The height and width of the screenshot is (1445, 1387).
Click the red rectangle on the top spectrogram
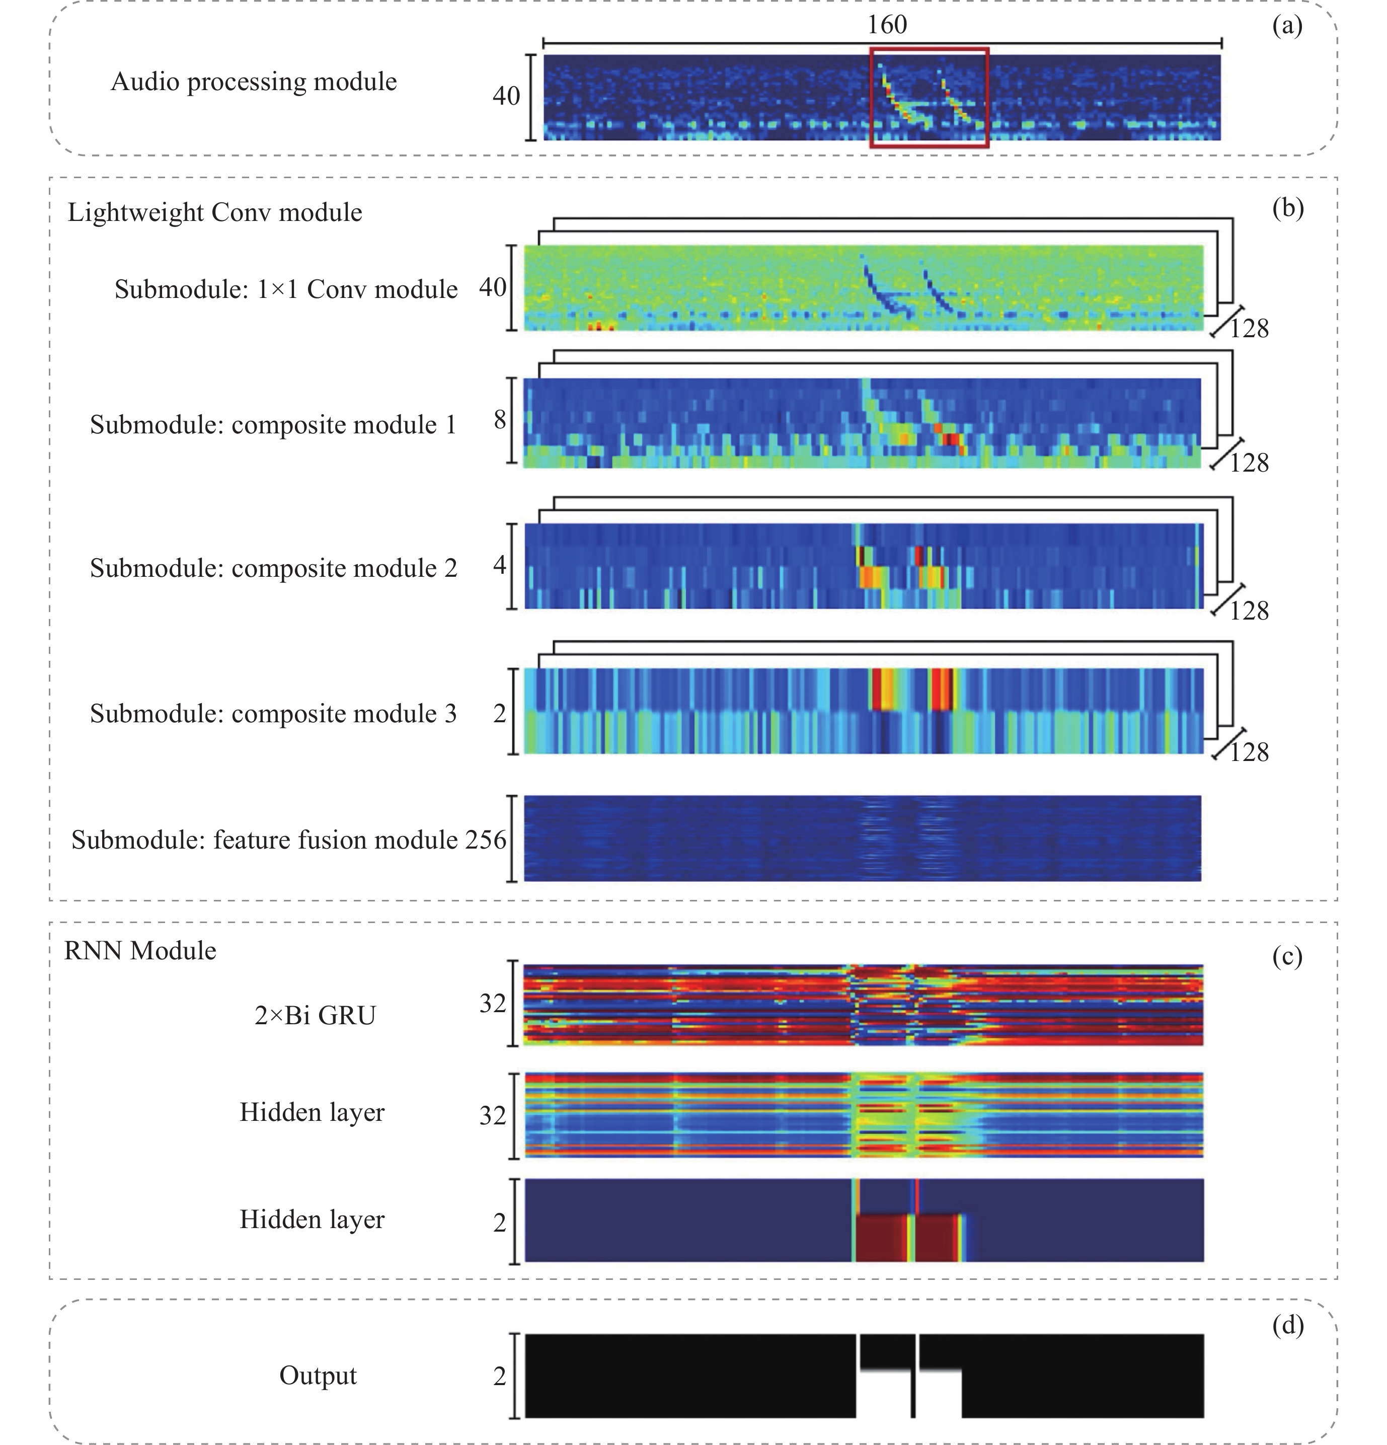pos(929,49)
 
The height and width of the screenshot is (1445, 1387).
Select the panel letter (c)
pos(1287,956)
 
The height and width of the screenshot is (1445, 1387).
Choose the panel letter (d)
pos(1287,1325)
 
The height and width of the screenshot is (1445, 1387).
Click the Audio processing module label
pos(254,81)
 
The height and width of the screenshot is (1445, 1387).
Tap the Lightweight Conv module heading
pos(214,212)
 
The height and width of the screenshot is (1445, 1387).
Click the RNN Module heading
pos(140,951)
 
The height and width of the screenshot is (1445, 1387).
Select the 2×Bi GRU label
pos(315,1015)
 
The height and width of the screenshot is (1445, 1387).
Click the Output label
pos(317,1375)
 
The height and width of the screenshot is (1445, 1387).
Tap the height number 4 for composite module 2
pos(500,565)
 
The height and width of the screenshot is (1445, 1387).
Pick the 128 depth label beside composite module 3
pos(1249,752)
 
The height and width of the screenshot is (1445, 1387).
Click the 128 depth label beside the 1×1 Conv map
pos(1249,328)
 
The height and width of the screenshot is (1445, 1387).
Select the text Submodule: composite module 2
pos(274,568)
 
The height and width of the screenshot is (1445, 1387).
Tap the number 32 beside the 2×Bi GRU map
pos(493,1004)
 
